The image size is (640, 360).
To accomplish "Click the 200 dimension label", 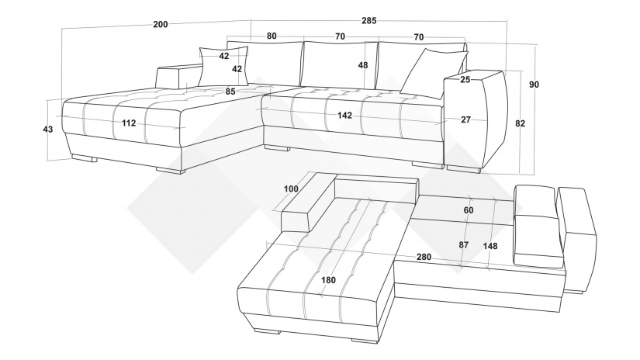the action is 161,24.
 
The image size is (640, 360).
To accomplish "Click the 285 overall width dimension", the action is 368,20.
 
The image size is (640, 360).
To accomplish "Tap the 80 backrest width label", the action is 272,36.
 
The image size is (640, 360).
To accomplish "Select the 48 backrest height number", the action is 363,65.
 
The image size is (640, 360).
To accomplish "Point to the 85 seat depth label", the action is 230,92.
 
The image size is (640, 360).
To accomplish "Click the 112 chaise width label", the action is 129,123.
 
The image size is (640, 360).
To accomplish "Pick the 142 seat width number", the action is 344,116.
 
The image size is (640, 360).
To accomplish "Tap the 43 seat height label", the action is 48,130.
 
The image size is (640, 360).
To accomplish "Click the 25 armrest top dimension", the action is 465,80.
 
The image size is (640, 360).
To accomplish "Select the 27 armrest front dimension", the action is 465,119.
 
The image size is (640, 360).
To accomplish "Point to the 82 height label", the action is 520,123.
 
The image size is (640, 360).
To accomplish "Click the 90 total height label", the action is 534,85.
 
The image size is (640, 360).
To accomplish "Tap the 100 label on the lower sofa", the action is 291,189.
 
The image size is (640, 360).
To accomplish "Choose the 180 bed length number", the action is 329,280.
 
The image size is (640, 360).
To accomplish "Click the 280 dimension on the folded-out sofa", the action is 424,257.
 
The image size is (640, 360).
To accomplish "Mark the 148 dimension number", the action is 490,246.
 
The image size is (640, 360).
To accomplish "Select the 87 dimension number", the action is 464,245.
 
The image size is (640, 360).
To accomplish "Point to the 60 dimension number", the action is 469,210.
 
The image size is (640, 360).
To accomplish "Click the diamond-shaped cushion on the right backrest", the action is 433,74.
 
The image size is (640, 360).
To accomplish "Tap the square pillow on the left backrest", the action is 223,66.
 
